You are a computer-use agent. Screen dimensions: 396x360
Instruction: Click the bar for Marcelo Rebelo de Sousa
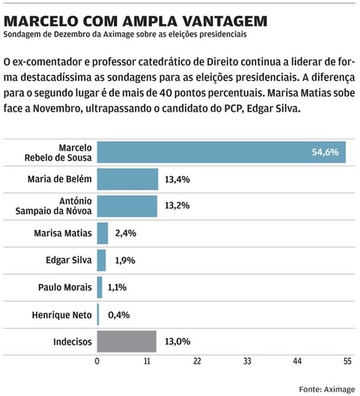pos(221,152)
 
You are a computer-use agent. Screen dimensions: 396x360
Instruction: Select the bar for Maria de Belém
pos(127,180)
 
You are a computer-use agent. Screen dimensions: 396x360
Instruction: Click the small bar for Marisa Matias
pos(102,234)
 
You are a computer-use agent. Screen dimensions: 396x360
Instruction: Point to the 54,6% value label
pos(326,152)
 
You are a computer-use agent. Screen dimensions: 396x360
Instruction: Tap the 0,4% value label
pos(117,314)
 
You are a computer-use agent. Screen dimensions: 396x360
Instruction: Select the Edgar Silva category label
pos(69,261)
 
